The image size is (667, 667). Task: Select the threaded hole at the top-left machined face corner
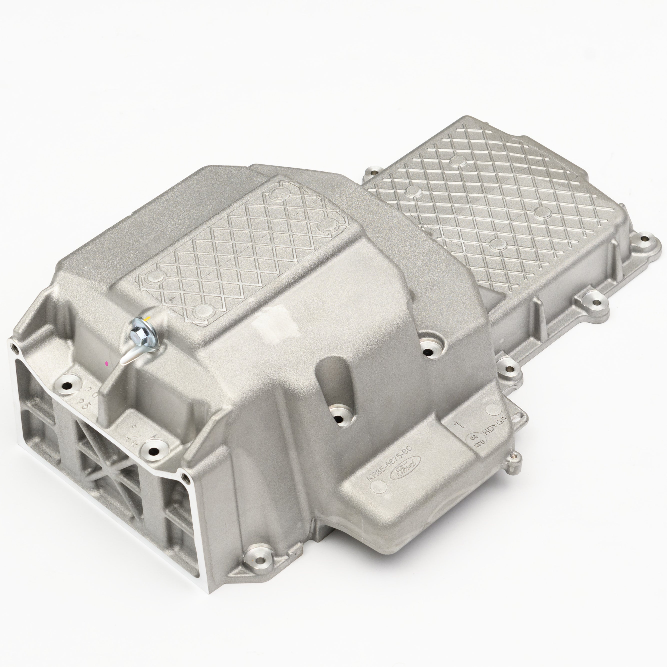[x=14, y=348]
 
